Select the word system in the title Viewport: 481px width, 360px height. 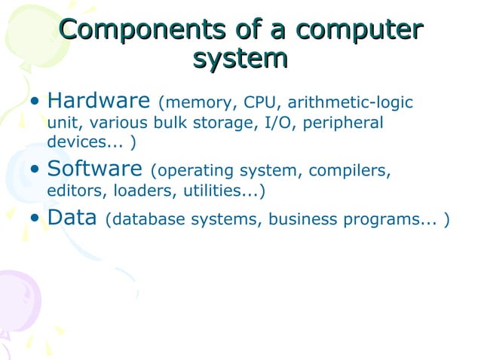[240, 58]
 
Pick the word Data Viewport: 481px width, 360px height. [72, 218]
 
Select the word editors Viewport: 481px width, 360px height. [74, 191]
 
